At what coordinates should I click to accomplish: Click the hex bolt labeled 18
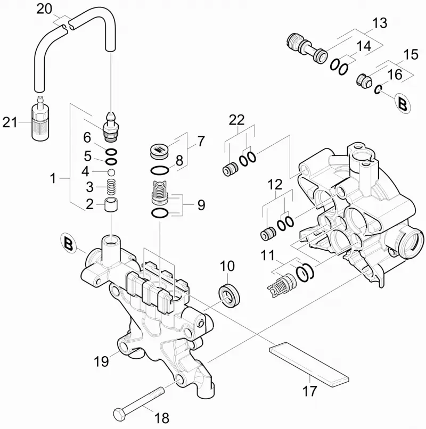pyautogui.click(x=139, y=400)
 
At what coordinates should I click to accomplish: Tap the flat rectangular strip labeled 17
pyautogui.click(x=309, y=364)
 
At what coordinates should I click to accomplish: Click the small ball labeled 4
pyautogui.click(x=111, y=172)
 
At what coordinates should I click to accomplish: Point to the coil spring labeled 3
pyautogui.click(x=111, y=187)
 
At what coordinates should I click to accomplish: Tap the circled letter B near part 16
pyautogui.click(x=403, y=104)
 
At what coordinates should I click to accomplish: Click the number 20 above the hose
pyautogui.click(x=44, y=9)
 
